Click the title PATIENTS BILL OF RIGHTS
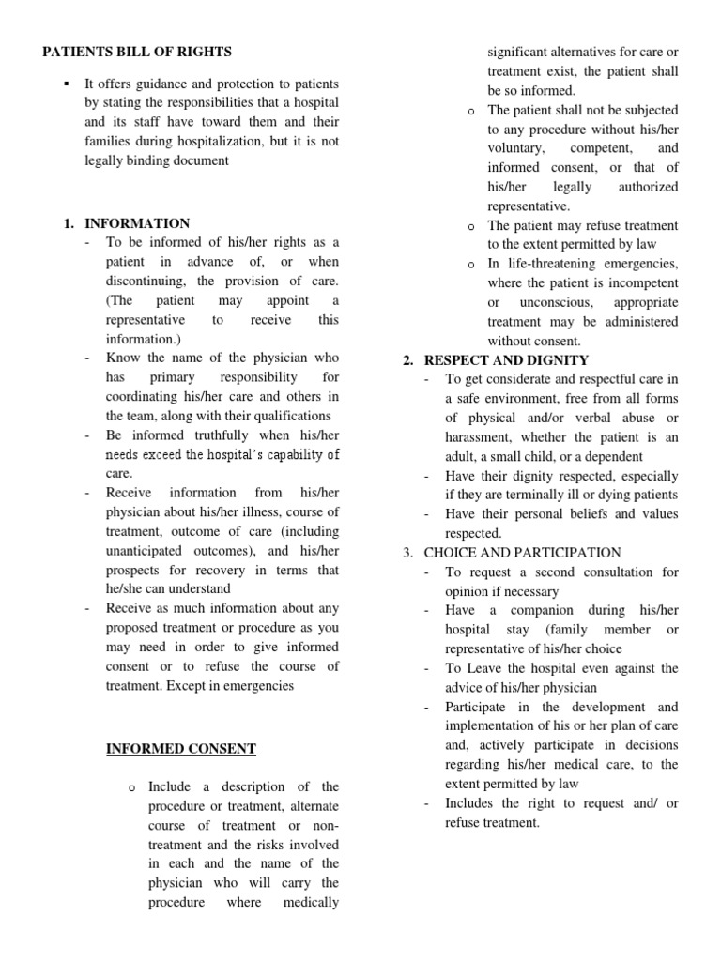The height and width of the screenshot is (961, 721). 137,52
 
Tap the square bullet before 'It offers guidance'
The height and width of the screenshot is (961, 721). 65,84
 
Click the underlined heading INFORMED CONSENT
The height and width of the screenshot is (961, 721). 180,748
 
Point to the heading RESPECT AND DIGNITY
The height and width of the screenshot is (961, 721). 506,360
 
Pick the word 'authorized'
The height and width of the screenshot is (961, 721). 647,187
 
